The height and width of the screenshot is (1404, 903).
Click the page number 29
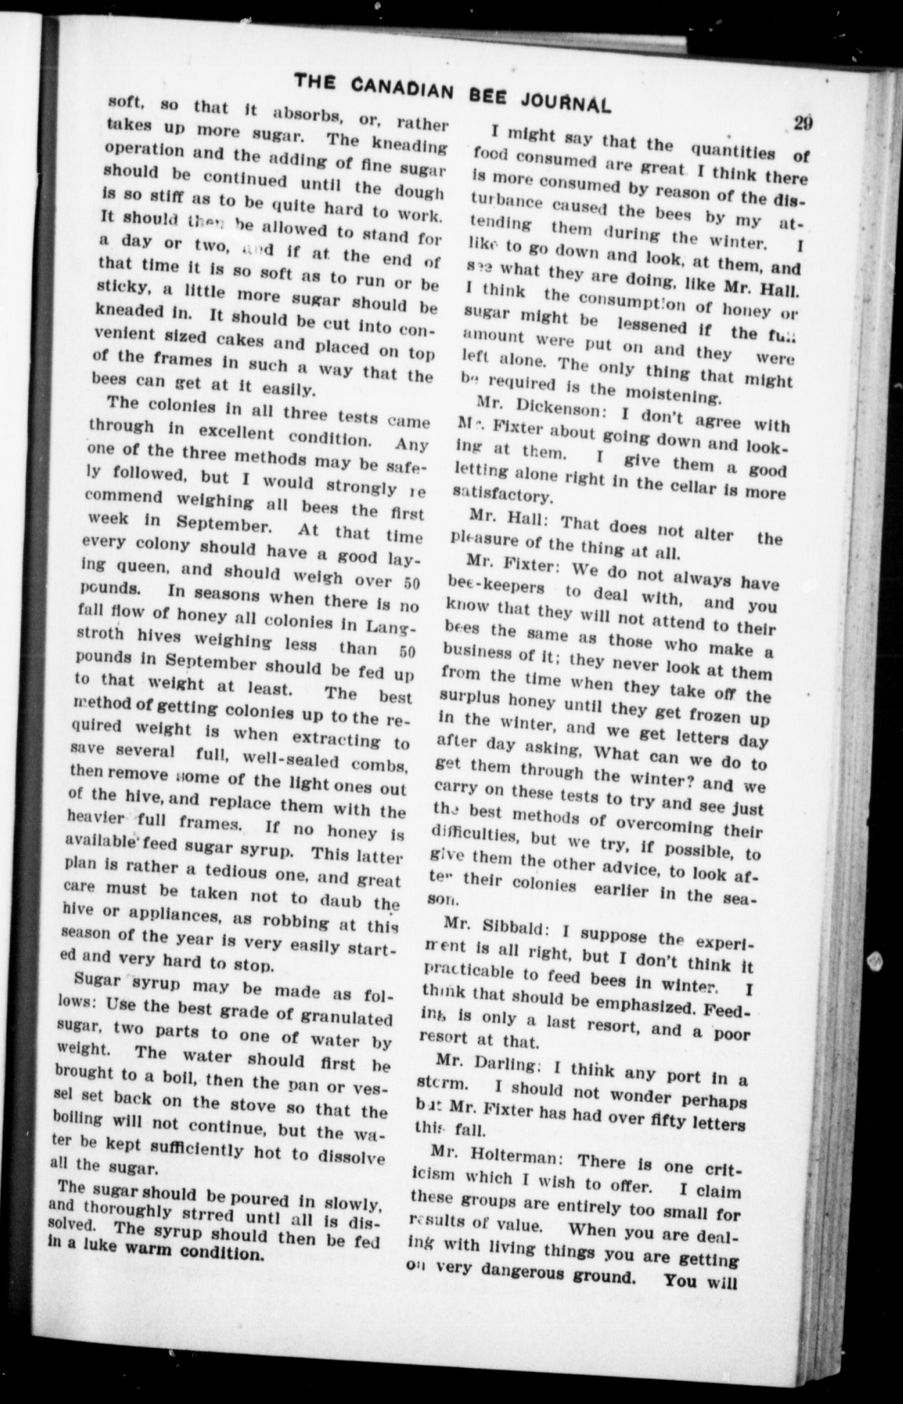[x=803, y=124]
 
